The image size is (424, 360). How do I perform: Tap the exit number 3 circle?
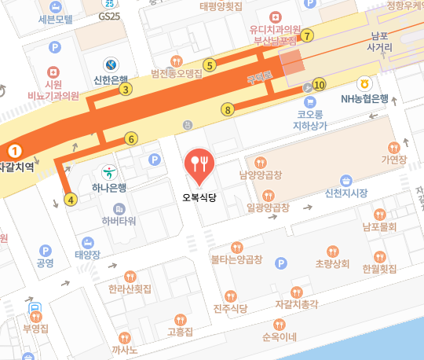(x=125, y=89)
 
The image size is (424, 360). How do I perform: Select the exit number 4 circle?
(x=71, y=199)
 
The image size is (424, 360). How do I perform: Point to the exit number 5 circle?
(x=209, y=65)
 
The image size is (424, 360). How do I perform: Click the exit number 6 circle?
(x=131, y=139)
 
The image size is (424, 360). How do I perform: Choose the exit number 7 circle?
(x=308, y=35)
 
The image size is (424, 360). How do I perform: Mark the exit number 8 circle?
(x=228, y=109)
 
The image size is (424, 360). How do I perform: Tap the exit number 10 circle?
(x=318, y=84)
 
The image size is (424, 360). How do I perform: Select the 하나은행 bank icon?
(x=110, y=171)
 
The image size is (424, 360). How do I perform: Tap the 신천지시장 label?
(x=346, y=193)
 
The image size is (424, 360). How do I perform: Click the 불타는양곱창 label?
(x=237, y=257)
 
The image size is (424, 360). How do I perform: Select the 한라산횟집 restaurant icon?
(x=130, y=276)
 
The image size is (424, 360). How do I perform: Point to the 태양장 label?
(x=88, y=254)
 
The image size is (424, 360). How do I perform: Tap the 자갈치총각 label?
(x=297, y=303)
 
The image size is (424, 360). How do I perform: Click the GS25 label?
(x=110, y=16)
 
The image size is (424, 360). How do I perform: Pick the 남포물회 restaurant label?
(x=379, y=227)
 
